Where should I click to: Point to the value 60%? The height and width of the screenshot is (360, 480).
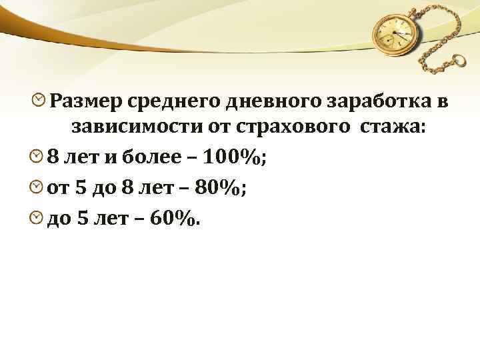tap(174, 217)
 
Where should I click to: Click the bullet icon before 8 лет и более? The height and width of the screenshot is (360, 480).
tap(37, 157)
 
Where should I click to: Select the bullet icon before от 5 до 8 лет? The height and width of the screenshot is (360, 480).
tap(37, 187)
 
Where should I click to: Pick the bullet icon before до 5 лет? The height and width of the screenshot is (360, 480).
tap(37, 217)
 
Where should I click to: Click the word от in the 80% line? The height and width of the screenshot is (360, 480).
tap(59, 187)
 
